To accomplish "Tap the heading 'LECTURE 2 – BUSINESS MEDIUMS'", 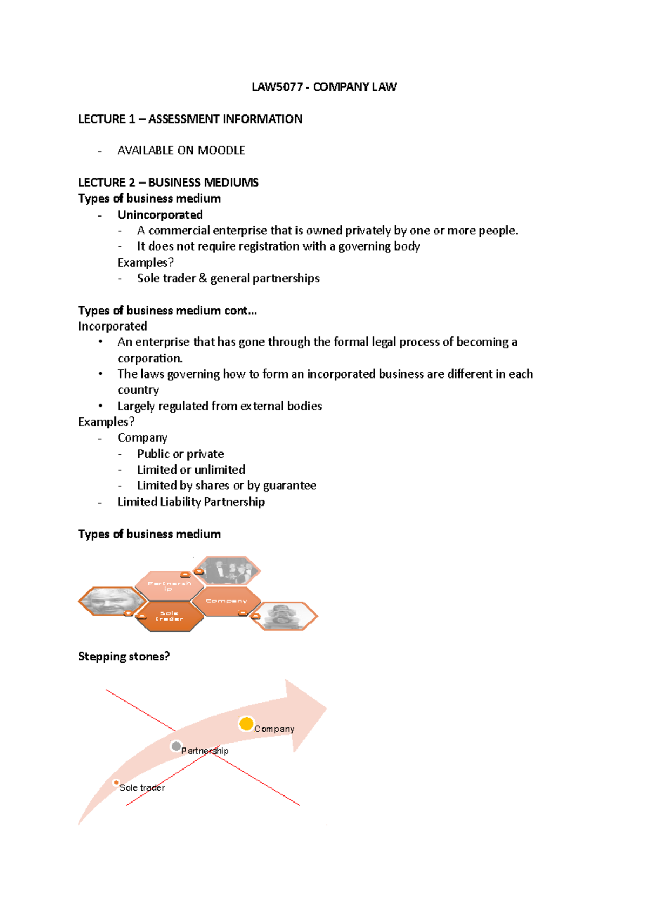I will click(168, 183).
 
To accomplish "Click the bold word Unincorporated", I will click(160, 215).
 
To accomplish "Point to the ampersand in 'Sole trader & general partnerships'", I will click(202, 279).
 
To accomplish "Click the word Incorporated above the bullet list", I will click(112, 326).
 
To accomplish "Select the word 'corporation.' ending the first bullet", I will click(150, 359).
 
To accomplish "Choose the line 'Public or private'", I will click(180, 454).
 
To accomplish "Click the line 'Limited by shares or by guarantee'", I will click(226, 486).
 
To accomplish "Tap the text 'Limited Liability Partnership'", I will click(191, 502).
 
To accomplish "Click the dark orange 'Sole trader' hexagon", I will click(169, 616).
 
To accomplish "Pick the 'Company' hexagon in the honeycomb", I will click(226, 601).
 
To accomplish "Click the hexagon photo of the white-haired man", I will click(112, 601).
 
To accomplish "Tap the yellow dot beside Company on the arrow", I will click(246, 724).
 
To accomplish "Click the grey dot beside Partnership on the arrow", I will click(175, 746).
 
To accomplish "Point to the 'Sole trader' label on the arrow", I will click(141, 788).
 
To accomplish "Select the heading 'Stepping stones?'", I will click(124, 657).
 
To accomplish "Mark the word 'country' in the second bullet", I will click(138, 390).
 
